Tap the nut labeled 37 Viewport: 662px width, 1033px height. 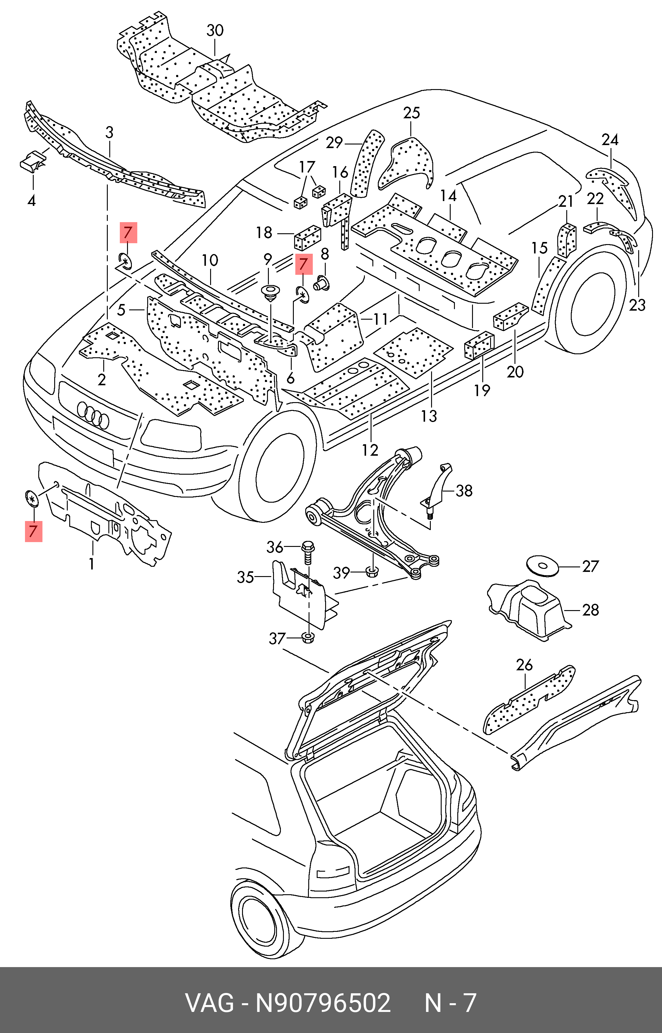(308, 638)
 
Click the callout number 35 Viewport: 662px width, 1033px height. (245, 577)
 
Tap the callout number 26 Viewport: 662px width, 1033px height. (524, 665)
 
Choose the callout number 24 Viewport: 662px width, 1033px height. (610, 140)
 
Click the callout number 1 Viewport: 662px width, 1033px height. (92, 563)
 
